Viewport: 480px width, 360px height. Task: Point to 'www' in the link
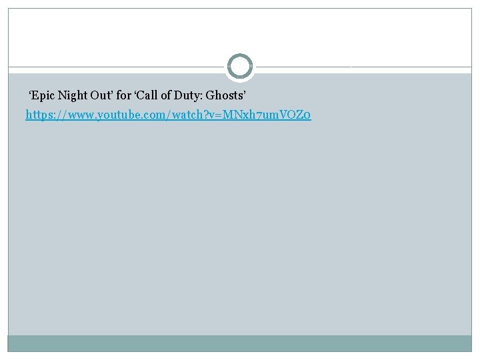pyautogui.click(x=80, y=115)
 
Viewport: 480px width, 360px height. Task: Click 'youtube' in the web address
pyautogui.click(x=119, y=115)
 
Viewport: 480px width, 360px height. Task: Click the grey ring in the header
pyautogui.click(x=240, y=67)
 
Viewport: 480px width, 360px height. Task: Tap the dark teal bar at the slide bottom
pyautogui.click(x=240, y=343)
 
